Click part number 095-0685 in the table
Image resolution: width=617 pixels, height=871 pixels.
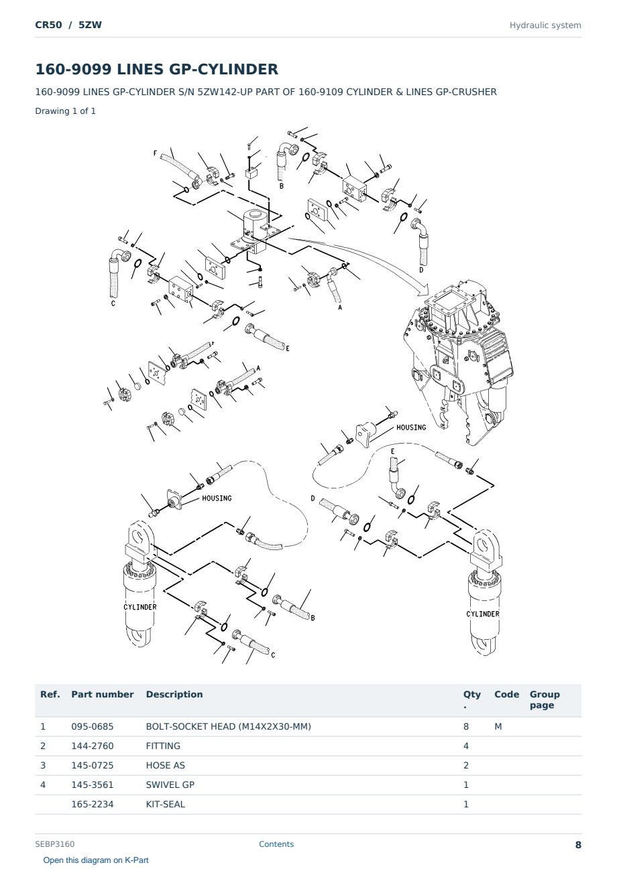coord(93,726)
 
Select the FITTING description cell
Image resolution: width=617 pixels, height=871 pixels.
coord(163,746)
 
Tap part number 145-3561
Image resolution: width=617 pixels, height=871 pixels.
coord(93,785)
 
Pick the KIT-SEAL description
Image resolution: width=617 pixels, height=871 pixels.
coord(165,804)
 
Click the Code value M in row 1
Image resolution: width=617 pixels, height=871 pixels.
coord(498,726)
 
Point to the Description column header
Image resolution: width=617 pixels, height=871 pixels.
coord(174,695)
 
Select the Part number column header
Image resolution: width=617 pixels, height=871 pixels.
coord(103,695)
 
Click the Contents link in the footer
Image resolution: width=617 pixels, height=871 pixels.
coord(276,844)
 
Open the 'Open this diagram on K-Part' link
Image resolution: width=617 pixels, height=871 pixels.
coord(96,860)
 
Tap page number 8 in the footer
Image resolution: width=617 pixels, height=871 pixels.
coord(578,845)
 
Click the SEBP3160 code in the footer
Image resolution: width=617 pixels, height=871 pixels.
coord(55,844)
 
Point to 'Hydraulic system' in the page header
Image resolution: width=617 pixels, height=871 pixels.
coord(545,25)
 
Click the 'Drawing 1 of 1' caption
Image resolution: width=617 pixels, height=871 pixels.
coord(66,111)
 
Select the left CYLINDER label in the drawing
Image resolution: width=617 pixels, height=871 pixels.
coord(140,607)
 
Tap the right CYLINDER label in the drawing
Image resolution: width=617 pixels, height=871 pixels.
coord(483,614)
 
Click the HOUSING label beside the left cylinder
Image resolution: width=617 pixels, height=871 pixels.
coord(217,498)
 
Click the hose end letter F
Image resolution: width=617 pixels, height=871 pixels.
coord(155,153)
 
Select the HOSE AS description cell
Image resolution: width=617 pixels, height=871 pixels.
coord(166,765)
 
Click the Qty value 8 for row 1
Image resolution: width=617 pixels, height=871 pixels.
coord(466,726)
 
